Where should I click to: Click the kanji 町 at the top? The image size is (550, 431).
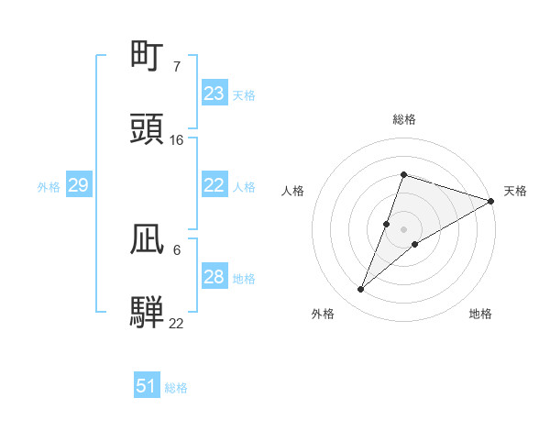148,57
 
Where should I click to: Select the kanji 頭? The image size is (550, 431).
148,130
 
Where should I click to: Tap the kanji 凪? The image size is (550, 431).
148,239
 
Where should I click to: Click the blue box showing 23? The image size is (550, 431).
214,94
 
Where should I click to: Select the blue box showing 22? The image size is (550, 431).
214,185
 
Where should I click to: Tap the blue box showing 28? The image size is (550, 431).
214,277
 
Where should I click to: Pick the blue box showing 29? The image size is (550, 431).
78,186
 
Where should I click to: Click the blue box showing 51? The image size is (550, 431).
147,387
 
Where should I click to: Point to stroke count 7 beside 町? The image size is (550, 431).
176,67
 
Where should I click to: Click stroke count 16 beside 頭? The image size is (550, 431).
177,140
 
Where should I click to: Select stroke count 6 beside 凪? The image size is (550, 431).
176,249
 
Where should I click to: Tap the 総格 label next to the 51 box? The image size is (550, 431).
176,388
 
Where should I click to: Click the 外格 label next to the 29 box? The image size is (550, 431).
49,187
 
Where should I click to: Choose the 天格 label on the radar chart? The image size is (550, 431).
515,191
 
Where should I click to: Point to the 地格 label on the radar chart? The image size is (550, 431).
480,315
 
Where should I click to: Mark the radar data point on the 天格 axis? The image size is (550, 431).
491,201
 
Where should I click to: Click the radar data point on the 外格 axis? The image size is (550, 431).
361,290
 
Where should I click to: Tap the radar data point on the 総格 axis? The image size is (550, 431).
403,174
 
